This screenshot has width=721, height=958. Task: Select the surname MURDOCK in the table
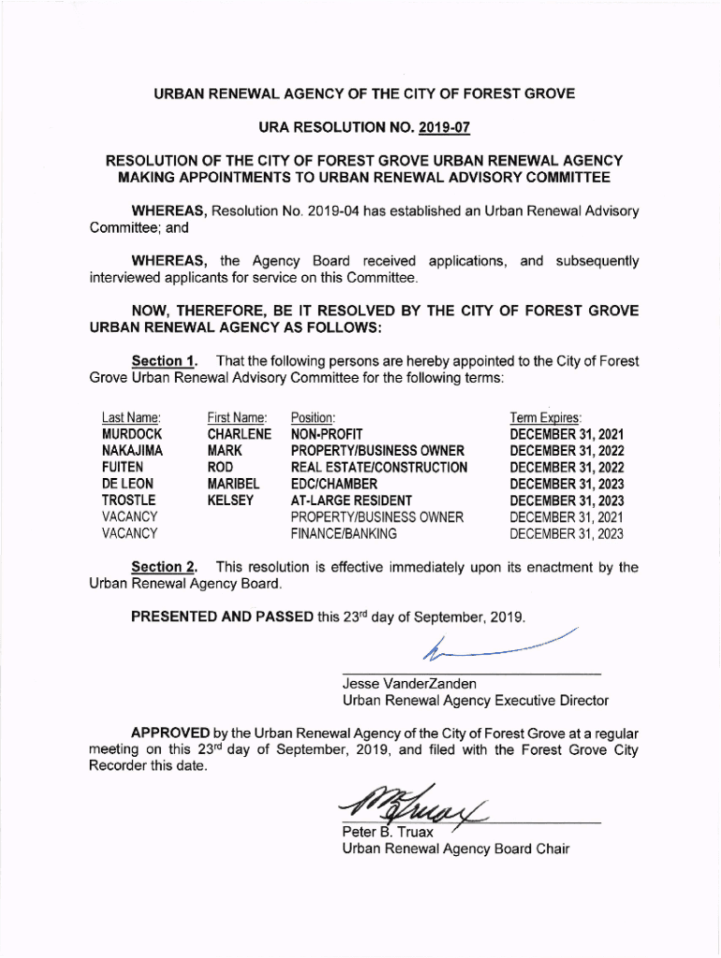coord(132,434)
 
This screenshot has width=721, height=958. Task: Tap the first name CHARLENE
coord(239,434)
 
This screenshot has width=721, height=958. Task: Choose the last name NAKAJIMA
coord(133,451)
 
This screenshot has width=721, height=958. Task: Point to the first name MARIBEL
coord(233,484)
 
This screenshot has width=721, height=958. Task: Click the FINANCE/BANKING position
coord(344,534)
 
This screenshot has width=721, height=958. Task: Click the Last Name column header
coord(131,417)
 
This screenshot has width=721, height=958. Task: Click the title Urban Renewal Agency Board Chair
coord(456,849)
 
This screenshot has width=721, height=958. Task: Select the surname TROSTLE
coord(129,501)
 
